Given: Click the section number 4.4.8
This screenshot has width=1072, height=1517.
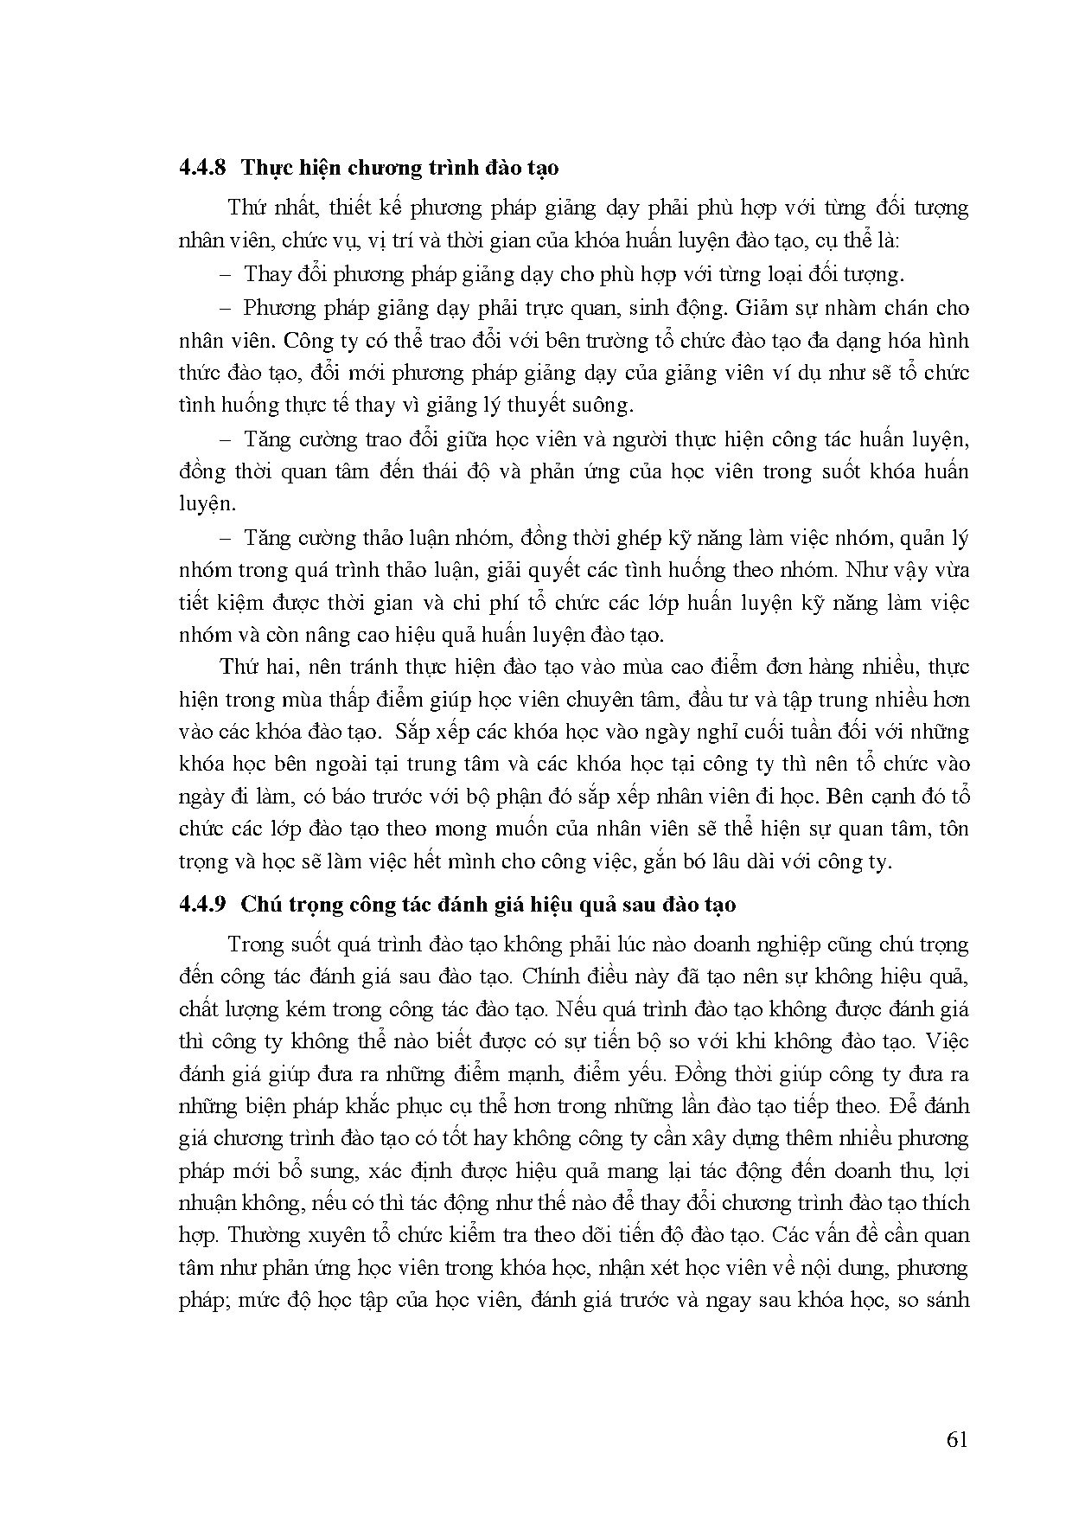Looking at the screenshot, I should [201, 167].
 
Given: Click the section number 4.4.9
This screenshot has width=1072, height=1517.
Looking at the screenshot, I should [201, 905].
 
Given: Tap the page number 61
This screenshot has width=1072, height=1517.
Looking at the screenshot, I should [957, 1439].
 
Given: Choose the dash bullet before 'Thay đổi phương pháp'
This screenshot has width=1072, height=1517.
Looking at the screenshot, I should [227, 275].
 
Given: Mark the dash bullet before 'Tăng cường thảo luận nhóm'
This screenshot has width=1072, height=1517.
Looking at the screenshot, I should [227, 538].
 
